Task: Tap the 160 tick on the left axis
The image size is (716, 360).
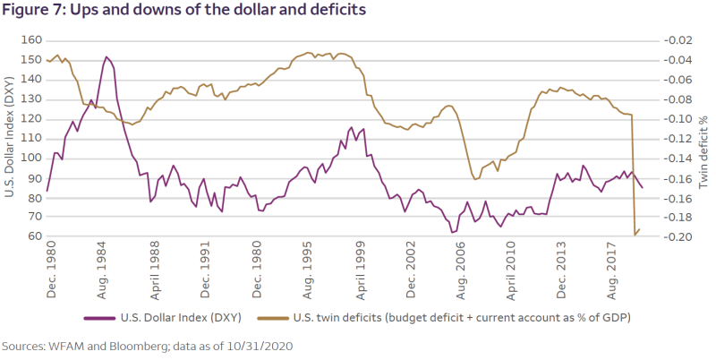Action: point(30,40)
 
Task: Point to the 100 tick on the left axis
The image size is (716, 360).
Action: point(30,158)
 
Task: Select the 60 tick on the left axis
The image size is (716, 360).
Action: point(33,236)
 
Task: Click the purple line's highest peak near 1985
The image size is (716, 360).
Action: point(107,56)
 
